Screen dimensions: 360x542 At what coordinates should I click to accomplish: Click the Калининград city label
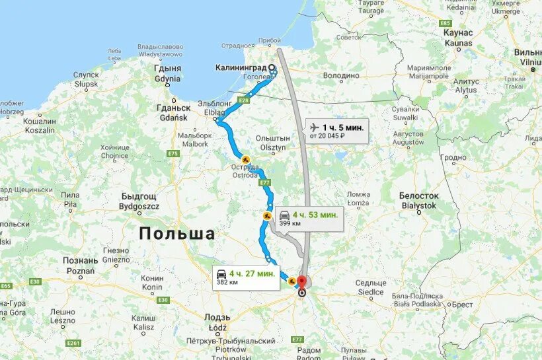tap(241, 67)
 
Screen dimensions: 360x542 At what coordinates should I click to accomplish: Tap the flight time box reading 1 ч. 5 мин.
tap(337, 130)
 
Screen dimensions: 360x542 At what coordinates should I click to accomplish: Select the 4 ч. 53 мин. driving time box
tap(308, 218)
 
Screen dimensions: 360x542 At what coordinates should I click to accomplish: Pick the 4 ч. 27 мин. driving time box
tap(244, 277)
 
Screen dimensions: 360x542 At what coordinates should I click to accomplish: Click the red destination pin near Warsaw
tap(303, 281)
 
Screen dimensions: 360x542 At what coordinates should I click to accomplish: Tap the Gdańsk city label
tap(173, 112)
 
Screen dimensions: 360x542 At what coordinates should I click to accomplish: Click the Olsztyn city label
tap(272, 143)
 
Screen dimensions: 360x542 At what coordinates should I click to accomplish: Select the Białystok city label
tap(418, 201)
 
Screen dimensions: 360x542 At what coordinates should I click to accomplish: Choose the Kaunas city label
tap(458, 38)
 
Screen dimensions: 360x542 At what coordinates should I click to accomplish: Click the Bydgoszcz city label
tap(139, 201)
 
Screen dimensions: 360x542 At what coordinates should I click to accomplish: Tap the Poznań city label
tap(81, 266)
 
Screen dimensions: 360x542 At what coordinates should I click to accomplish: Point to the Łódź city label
tap(216, 322)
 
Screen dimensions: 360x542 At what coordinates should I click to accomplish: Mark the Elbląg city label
tap(213, 108)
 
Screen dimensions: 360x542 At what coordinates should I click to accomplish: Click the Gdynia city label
tap(167, 73)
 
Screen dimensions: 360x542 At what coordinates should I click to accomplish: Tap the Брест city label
tap(462, 305)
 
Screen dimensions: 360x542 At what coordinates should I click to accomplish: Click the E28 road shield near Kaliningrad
tap(245, 100)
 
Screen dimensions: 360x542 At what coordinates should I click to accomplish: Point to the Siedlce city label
tap(370, 287)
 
